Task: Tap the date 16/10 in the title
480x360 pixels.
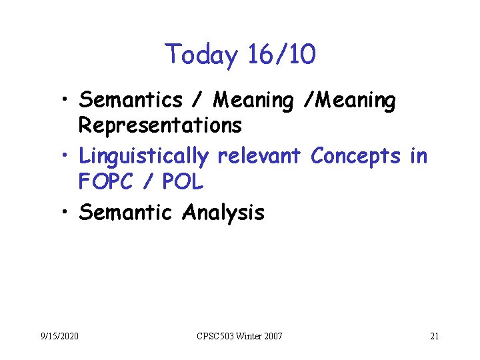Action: [x=281, y=55]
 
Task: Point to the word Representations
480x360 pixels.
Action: [x=160, y=125]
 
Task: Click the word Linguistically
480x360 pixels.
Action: [x=144, y=156]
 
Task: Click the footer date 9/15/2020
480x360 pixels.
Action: [x=59, y=335]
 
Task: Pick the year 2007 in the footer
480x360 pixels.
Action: [x=273, y=335]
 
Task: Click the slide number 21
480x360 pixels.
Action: [x=434, y=335]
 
